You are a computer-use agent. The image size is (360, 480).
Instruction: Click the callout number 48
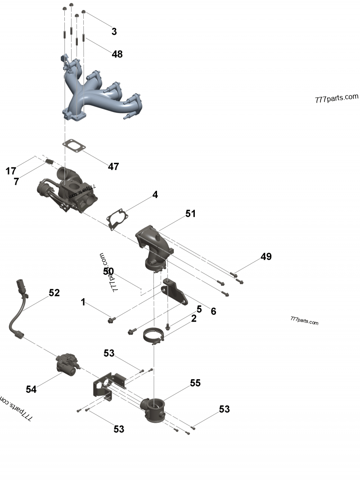click(x=117, y=54)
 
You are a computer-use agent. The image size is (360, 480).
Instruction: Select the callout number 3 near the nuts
click(x=114, y=31)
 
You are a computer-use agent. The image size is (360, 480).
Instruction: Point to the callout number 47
click(x=113, y=166)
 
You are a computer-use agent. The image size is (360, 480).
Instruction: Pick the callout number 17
click(x=11, y=171)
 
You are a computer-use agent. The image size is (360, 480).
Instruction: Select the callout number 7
click(x=16, y=181)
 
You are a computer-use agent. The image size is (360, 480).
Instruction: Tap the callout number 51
click(x=191, y=213)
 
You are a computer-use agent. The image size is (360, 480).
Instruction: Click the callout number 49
click(x=266, y=256)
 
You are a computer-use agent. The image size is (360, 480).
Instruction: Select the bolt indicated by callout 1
click(x=111, y=320)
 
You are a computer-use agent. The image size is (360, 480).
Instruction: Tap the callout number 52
click(x=54, y=292)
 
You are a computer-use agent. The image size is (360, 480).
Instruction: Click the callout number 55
click(x=195, y=383)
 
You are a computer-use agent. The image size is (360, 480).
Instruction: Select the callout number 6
click(x=213, y=311)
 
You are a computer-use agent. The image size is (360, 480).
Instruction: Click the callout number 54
click(x=31, y=390)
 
